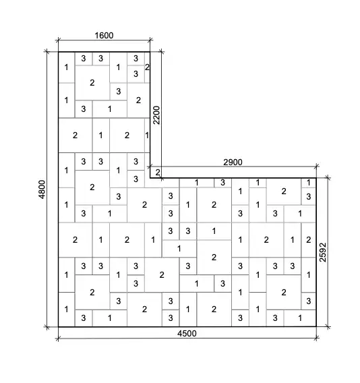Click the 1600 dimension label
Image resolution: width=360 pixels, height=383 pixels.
click(104, 36)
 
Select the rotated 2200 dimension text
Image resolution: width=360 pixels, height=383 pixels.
click(156, 115)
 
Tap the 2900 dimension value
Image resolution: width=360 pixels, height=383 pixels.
click(233, 163)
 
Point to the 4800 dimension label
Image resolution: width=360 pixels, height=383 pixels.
click(42, 189)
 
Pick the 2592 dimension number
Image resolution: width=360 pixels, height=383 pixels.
click(323, 252)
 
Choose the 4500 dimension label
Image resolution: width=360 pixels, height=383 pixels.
click(187, 333)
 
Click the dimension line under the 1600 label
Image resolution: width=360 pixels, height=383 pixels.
click(104, 40)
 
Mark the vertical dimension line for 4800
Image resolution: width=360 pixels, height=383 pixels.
click(47, 189)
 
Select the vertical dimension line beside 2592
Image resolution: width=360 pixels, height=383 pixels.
click(328, 252)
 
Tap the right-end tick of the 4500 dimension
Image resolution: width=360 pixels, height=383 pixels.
click(316, 338)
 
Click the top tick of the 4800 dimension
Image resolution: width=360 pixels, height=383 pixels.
click(47, 51)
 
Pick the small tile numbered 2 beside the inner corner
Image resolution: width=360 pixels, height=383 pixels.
click(156, 172)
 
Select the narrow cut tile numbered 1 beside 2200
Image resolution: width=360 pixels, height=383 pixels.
click(147, 136)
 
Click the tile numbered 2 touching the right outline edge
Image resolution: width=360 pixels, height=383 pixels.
click(309, 240)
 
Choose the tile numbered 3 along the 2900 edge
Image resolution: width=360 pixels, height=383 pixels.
click(222, 183)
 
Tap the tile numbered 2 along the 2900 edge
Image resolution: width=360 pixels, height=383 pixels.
click(284, 191)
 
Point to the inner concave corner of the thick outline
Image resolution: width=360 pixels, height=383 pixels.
click(150, 178)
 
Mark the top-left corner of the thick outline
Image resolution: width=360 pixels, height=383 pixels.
click(59, 52)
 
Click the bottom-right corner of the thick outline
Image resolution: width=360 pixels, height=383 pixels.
click(316, 326)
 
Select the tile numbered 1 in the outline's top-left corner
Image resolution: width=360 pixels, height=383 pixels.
click(67, 67)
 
